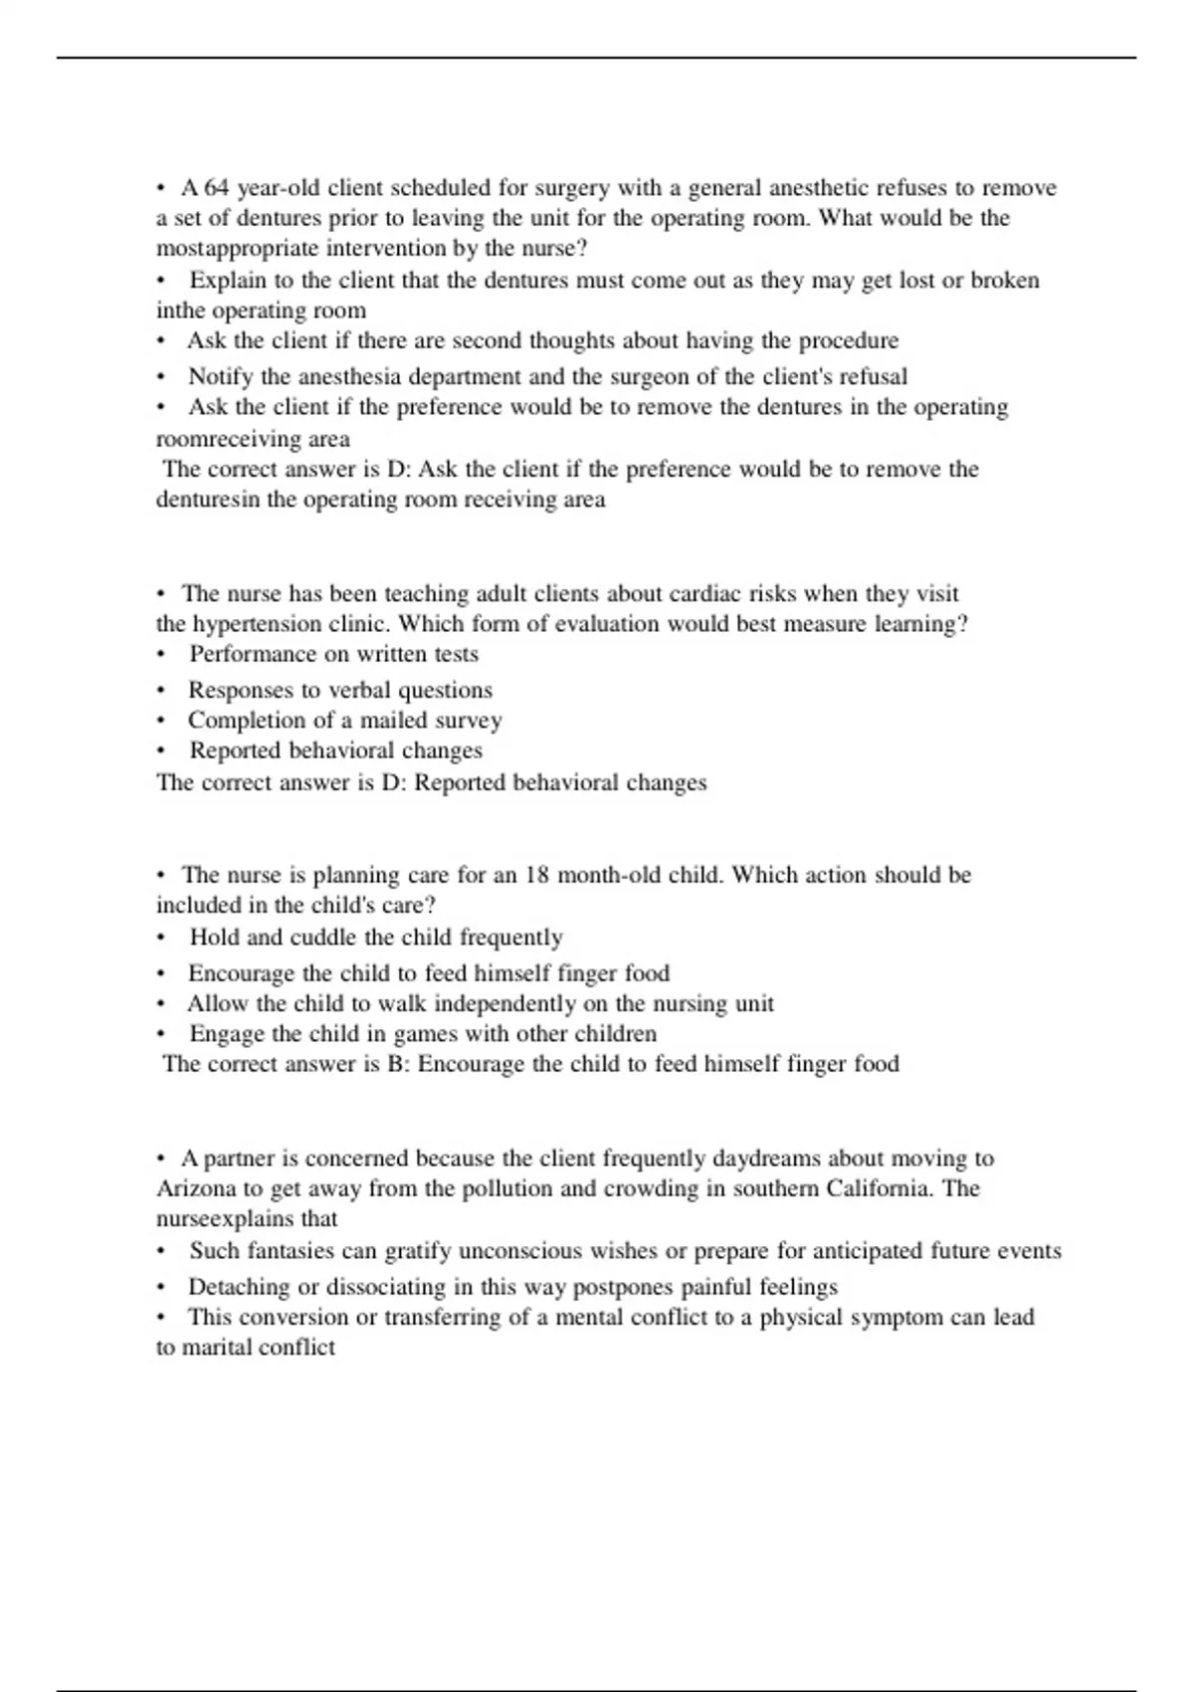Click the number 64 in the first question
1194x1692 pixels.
[216, 188]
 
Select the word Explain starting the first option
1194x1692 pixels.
[228, 281]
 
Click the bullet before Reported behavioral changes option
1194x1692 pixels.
[161, 751]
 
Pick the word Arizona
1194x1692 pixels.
[196, 1189]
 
